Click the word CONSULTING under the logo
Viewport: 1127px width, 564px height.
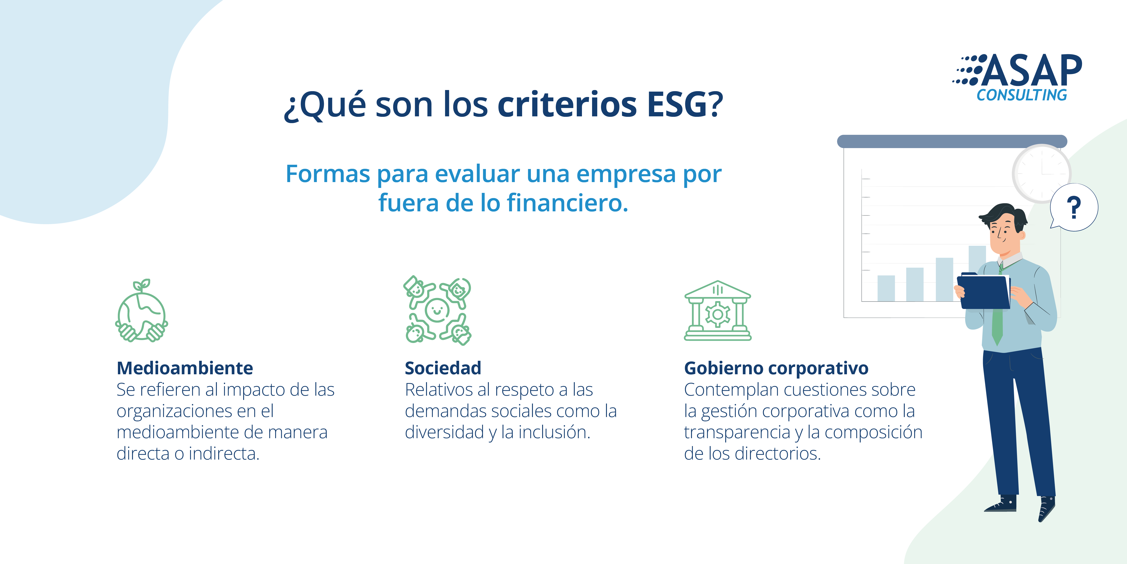tap(1021, 95)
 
